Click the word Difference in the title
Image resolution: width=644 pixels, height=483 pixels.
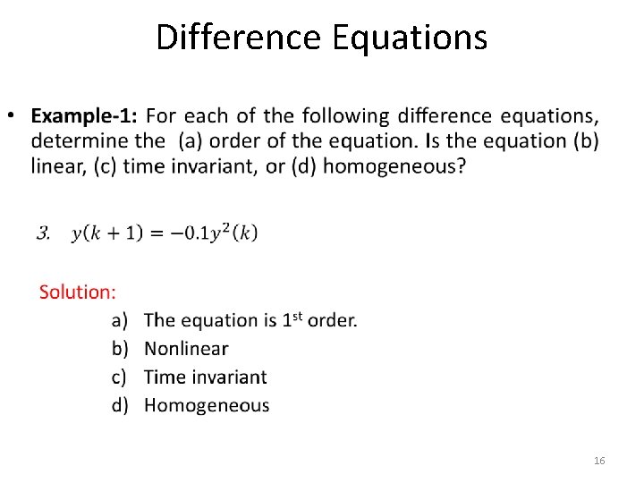[x=225, y=38]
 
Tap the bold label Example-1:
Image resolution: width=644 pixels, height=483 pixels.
[x=84, y=116]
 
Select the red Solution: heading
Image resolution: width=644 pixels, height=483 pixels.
[x=77, y=292]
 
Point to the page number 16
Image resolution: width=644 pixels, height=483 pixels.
[x=599, y=461]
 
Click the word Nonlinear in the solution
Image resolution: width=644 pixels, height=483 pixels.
[x=186, y=349]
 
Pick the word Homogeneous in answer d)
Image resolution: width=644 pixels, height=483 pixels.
[x=207, y=405]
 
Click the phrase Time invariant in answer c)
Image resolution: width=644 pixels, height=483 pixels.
[x=205, y=377]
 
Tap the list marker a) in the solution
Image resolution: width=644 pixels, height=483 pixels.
[x=120, y=320]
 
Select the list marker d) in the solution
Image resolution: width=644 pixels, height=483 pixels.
[x=120, y=405]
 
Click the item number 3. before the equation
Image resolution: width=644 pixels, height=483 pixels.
[x=43, y=233]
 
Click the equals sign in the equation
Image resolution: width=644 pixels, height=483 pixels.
[x=157, y=233]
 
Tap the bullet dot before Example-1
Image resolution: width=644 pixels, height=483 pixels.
[x=12, y=116]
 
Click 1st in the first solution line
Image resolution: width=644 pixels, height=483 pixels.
[x=292, y=319]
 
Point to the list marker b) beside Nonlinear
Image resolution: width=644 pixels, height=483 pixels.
[x=120, y=349]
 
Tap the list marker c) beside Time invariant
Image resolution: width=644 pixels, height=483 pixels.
[x=120, y=377]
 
